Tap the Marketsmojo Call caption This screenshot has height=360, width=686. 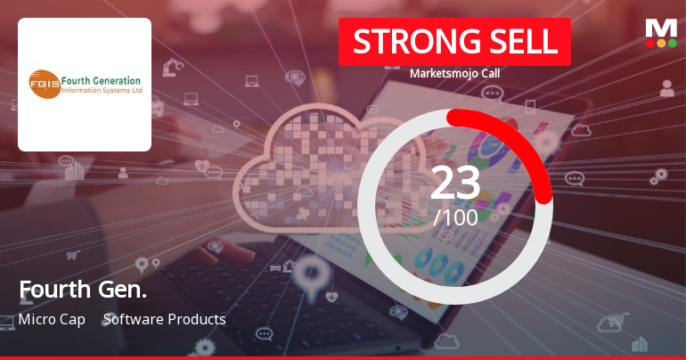point(454,74)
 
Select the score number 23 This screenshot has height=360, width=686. point(455,183)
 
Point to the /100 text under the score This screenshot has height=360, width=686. point(455,217)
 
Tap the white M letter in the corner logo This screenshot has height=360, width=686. point(660,27)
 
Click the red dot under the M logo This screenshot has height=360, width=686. point(650,43)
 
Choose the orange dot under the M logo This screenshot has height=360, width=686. point(661,43)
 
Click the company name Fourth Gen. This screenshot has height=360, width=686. point(83,289)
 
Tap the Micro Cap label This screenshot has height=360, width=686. point(52,319)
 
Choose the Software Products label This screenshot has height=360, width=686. point(165,319)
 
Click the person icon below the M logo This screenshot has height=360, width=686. point(666,87)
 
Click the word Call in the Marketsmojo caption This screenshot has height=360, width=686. point(488,74)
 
